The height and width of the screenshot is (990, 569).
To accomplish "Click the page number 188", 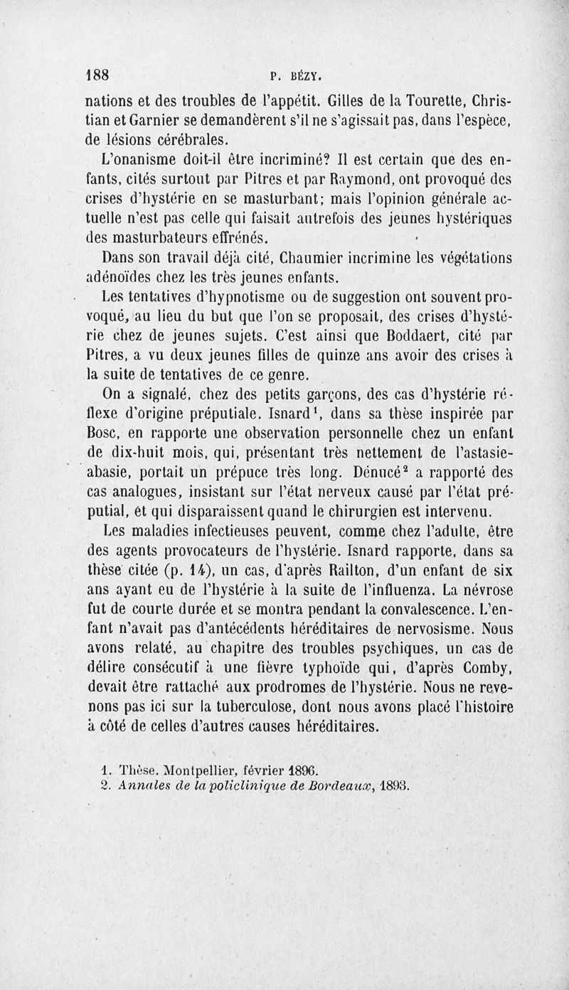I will click(x=100, y=75).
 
